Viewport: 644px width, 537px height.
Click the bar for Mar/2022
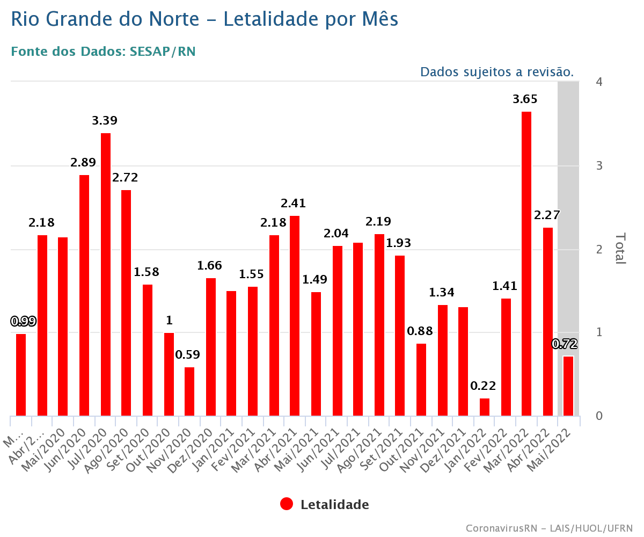(x=526, y=263)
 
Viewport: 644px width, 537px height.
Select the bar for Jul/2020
(x=106, y=274)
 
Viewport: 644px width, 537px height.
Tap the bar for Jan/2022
(x=485, y=407)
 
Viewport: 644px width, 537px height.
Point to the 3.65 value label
(x=525, y=99)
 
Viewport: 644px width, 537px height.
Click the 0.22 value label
(x=483, y=386)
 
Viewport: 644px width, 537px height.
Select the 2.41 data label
(x=293, y=204)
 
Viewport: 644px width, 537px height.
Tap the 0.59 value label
(x=188, y=355)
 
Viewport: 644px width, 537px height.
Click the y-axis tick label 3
(x=599, y=165)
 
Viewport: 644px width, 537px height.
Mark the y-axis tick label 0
(x=599, y=416)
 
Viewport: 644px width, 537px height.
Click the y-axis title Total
(x=620, y=248)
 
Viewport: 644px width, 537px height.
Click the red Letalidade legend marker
(x=287, y=504)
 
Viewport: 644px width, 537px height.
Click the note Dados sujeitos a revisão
(x=496, y=72)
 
